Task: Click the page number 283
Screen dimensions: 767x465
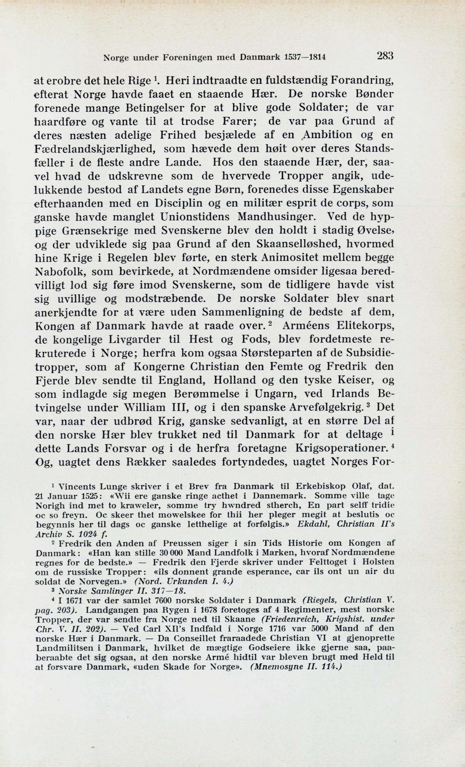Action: (x=385, y=56)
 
